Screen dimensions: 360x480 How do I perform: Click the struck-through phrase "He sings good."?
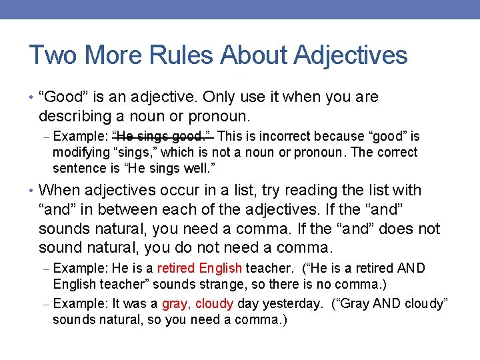(x=163, y=136)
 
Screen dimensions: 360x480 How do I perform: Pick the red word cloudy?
(x=214, y=303)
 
